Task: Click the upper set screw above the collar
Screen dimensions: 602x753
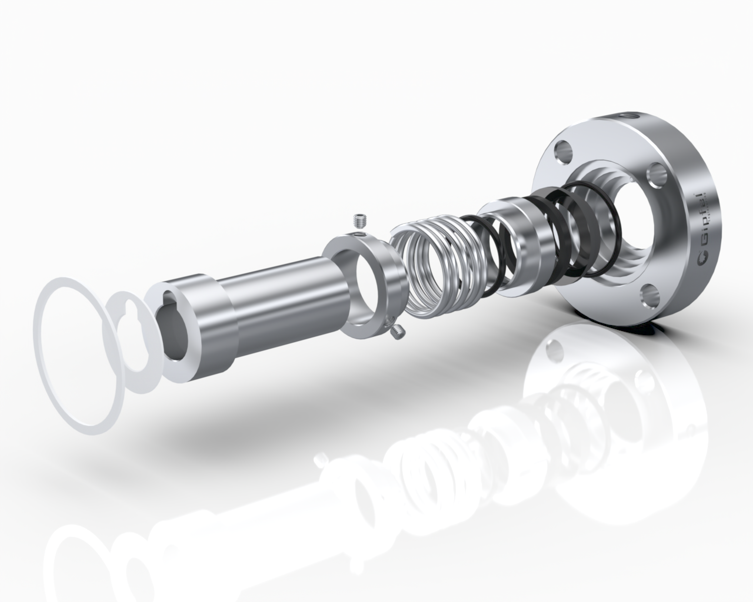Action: coord(361,221)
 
